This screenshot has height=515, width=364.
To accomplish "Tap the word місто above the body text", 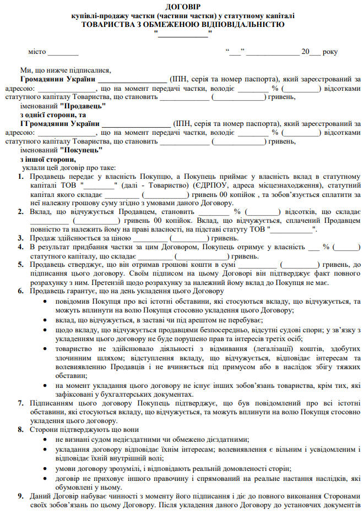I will coord(37,52).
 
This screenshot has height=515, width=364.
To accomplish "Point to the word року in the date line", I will coord(331,52).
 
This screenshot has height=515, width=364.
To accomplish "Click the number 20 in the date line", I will coord(306,52).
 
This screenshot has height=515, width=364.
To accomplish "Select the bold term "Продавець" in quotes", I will coord(83,106).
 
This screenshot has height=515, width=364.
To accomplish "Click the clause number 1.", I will coord(21,177).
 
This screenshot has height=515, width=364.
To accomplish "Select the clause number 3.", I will coord(21,238).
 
